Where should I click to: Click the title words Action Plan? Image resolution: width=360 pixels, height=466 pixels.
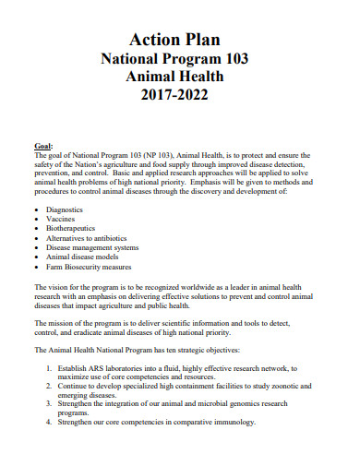179,38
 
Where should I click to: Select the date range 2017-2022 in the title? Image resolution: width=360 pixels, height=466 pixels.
179,95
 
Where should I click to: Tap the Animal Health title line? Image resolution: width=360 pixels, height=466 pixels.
179,77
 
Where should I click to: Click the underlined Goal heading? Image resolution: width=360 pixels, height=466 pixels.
42,145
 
